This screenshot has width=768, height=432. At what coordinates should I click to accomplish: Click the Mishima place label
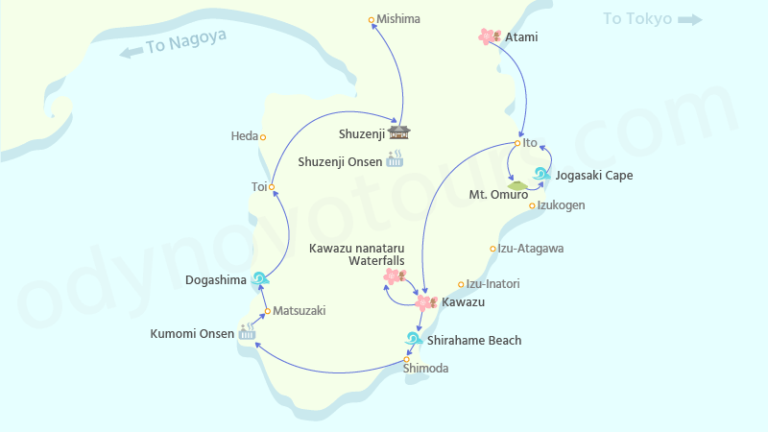[x=398, y=19]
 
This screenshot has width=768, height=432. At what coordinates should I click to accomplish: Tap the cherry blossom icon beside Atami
[x=489, y=36]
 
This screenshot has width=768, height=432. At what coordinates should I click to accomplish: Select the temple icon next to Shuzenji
[x=399, y=132]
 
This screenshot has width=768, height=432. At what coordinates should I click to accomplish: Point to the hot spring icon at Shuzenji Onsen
[x=395, y=160]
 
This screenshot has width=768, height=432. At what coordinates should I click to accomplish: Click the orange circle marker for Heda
[x=263, y=136]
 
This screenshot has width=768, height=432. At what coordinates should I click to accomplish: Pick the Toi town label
[x=258, y=186]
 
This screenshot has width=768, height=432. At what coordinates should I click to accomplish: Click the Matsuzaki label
[x=300, y=311]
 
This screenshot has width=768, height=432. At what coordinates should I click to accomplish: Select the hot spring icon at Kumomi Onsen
[x=248, y=333]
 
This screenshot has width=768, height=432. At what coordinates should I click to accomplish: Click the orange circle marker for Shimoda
[x=406, y=360]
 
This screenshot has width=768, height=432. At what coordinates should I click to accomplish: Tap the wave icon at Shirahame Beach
[x=414, y=340]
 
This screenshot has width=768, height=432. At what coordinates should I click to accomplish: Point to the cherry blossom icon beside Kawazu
[x=425, y=303]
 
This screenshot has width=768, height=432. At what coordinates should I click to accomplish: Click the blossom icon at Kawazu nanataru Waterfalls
[x=392, y=277]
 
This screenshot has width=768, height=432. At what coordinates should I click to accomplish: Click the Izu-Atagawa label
[x=531, y=249]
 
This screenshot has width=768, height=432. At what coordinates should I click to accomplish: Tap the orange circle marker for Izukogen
[x=532, y=205]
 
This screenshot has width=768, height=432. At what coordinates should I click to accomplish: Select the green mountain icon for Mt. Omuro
[x=517, y=184]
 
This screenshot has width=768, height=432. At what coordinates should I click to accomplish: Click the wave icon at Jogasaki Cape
[x=541, y=175]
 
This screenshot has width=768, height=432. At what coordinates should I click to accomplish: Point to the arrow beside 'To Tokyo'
[x=688, y=19]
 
